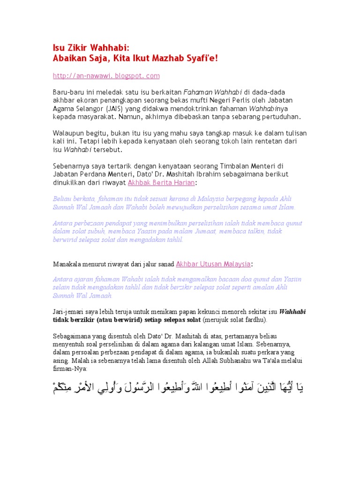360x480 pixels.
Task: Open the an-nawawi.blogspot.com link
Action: click(106, 75)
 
